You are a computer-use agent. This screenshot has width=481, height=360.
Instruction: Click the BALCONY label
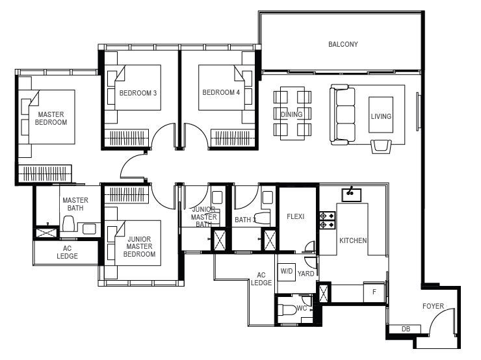click(343, 44)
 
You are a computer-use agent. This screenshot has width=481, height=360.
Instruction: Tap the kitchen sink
click(352, 195)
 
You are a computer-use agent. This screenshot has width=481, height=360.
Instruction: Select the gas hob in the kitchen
click(327, 220)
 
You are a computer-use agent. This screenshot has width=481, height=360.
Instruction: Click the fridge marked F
click(374, 292)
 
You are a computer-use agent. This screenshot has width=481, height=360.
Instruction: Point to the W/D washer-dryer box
click(287, 272)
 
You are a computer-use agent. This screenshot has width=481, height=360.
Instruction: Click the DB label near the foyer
click(406, 329)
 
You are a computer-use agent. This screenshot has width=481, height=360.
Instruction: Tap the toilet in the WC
click(287, 309)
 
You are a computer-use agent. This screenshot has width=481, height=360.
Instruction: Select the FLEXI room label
click(295, 216)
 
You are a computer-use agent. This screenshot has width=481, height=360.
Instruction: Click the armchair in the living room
click(381, 146)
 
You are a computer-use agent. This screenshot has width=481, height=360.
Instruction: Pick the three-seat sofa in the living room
click(343, 114)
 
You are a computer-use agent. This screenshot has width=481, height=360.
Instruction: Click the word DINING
click(291, 114)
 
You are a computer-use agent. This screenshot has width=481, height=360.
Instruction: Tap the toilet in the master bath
click(69, 224)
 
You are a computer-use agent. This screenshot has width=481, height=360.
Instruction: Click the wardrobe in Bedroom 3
click(127, 138)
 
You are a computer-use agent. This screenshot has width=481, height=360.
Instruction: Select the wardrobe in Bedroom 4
click(233, 138)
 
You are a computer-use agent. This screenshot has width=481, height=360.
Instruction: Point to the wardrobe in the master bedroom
click(45, 174)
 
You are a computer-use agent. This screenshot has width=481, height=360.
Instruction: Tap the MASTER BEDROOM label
click(51, 118)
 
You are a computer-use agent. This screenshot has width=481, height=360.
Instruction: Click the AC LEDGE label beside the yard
click(261, 279)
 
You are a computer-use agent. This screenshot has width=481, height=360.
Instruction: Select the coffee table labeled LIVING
click(381, 115)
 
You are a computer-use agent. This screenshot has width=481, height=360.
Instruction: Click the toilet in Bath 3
click(263, 218)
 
